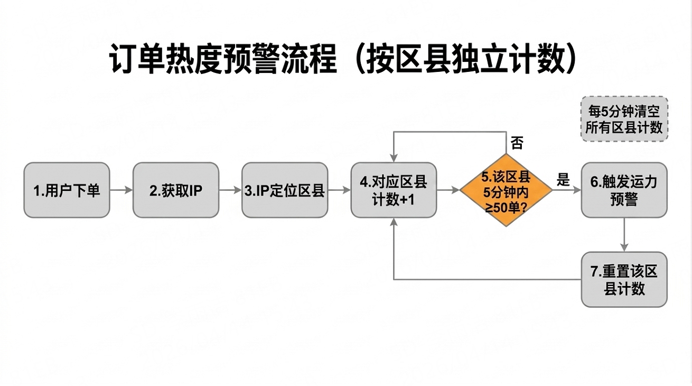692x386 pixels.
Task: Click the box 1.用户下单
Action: [67, 190]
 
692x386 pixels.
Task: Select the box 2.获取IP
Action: [175, 190]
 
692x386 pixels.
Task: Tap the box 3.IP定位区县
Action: [285, 190]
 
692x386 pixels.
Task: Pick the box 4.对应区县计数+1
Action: [394, 190]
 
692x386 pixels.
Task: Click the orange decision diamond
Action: [506, 190]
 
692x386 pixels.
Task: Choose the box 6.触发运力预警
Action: [624, 190]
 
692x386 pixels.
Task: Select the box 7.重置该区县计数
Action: [624, 279]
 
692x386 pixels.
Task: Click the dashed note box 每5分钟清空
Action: [624, 119]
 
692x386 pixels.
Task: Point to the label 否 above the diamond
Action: [517, 143]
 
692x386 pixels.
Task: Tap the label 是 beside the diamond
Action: [563, 180]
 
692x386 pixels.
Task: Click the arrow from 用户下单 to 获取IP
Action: [121, 190]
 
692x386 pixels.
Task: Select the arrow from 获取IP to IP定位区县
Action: [230, 190]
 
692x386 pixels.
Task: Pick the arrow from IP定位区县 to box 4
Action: [339, 190]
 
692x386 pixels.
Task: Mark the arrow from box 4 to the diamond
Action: [448, 190]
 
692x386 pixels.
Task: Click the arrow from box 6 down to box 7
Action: [624, 234]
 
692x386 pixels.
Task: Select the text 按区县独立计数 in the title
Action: [465, 59]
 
